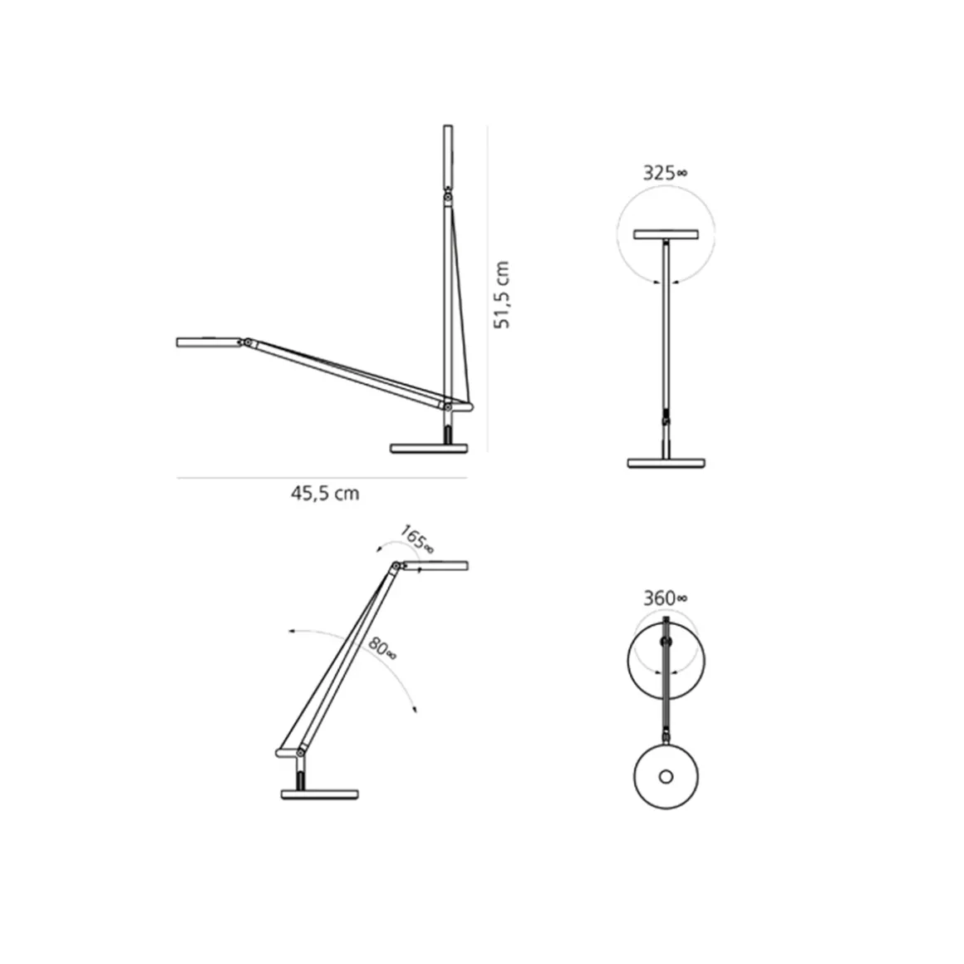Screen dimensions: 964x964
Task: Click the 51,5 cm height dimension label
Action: point(502,294)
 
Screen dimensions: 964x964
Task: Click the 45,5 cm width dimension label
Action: point(325,493)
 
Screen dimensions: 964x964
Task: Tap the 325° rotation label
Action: point(665,173)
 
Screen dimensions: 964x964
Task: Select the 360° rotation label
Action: point(665,598)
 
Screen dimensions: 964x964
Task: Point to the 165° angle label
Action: point(417,539)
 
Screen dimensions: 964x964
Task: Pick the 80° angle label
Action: point(382,648)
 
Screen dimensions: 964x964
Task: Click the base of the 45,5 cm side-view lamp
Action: point(429,448)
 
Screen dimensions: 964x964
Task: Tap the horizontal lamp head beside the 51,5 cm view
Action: point(209,342)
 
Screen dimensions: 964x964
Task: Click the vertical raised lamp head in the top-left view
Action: point(448,157)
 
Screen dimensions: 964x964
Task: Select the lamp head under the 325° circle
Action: point(666,235)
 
